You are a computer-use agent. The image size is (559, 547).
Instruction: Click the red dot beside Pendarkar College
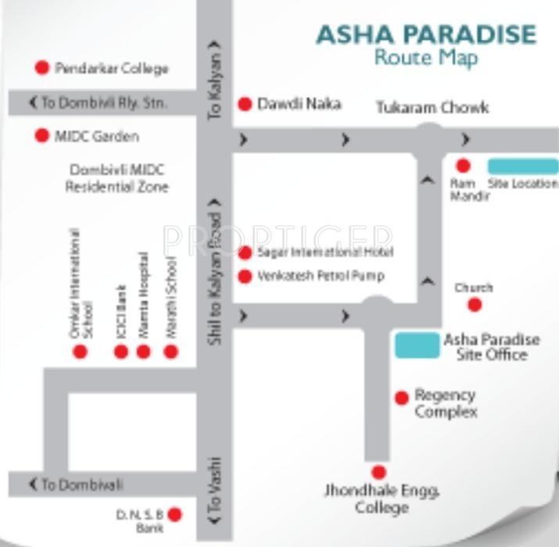point(42,68)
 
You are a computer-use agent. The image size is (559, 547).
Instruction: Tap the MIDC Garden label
point(96,136)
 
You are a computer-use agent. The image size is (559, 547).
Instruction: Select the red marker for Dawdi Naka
point(245,103)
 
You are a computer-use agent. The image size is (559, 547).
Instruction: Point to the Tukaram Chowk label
point(432,108)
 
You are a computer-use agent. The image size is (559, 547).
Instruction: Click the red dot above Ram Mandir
point(463,166)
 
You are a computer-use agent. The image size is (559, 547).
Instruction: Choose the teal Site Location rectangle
point(522,166)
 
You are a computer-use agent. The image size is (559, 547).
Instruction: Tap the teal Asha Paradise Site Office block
point(417,345)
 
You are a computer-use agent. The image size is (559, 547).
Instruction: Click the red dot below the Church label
point(474,305)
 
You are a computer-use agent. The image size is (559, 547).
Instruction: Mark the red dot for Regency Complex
point(402,398)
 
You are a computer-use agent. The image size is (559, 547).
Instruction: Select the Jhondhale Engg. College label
point(382,499)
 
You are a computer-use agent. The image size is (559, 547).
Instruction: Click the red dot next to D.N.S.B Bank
point(175,514)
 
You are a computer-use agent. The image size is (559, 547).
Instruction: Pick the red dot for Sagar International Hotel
point(245,252)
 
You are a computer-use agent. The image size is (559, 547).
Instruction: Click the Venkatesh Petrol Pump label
point(321,276)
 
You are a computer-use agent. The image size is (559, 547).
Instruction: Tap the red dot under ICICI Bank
point(121,352)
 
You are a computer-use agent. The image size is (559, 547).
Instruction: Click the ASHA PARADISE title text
point(426,34)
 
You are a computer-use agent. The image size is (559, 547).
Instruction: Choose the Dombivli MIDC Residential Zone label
point(116,178)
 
